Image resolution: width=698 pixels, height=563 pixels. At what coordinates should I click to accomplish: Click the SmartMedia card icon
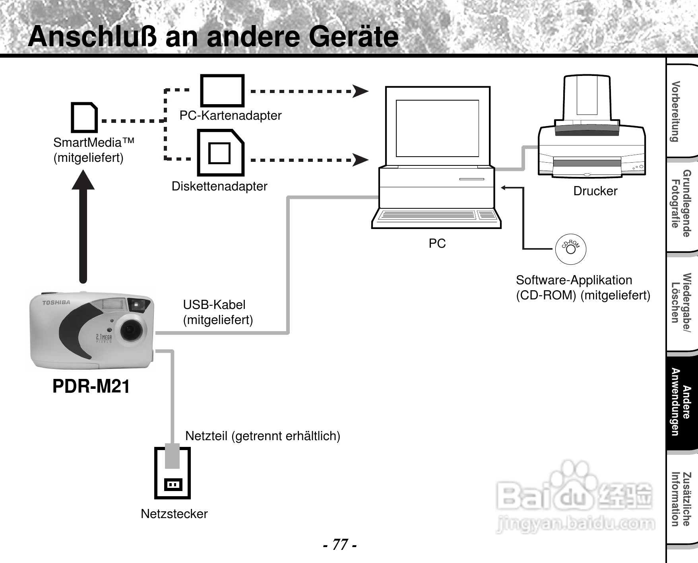(x=84, y=118)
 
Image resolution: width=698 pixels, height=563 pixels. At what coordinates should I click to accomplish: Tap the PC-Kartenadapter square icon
(x=222, y=91)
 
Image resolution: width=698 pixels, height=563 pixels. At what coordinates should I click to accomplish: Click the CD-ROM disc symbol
(x=570, y=249)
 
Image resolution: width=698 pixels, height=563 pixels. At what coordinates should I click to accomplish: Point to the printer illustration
(x=591, y=131)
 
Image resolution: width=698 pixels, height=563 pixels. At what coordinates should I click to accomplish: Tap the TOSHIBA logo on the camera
(x=56, y=303)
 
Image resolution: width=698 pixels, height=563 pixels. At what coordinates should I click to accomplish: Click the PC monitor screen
(x=437, y=128)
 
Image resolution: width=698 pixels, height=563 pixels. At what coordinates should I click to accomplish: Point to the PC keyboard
(x=436, y=215)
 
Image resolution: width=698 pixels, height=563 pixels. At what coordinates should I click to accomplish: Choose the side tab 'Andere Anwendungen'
(x=681, y=402)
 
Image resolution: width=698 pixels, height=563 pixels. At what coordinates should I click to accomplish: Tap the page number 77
(x=339, y=544)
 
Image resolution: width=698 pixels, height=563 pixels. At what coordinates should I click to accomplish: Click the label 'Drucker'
(x=595, y=191)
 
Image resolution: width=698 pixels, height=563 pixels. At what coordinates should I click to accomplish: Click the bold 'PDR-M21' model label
(x=91, y=386)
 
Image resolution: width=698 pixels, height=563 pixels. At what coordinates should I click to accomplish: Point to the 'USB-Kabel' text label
(x=214, y=305)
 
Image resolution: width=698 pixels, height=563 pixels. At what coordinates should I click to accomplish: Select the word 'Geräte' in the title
(x=353, y=37)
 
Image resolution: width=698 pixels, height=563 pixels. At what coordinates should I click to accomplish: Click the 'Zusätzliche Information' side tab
(x=681, y=499)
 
